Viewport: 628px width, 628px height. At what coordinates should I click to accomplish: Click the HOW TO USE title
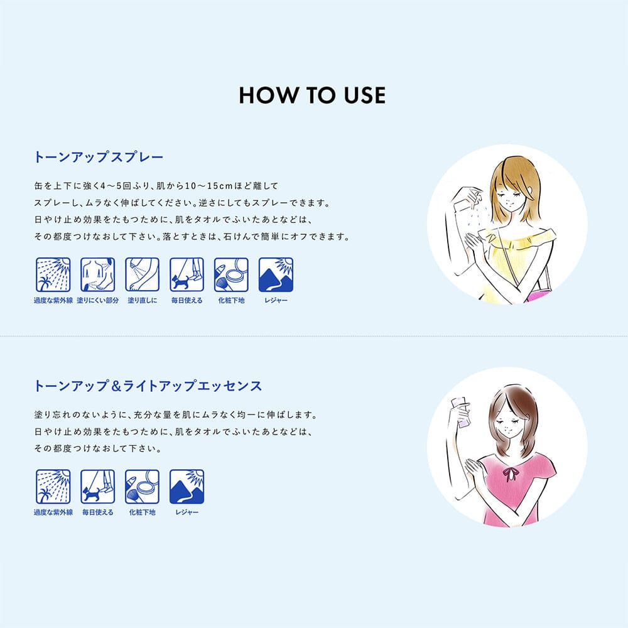pos(312,95)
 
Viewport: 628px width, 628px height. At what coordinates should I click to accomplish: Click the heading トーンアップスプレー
pos(99,157)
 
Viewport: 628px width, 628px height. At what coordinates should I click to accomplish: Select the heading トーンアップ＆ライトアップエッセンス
pos(148,386)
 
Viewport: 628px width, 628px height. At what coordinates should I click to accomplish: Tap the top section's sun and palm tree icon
pos(53,275)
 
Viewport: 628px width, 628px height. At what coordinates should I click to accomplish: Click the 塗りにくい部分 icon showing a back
pos(98,275)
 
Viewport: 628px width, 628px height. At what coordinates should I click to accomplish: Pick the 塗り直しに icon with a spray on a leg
pos(142,275)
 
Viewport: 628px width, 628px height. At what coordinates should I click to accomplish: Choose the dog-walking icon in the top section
pos(187,275)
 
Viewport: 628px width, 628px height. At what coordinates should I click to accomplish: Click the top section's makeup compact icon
pos(231,275)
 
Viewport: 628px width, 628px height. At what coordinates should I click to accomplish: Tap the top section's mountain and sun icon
pos(276,275)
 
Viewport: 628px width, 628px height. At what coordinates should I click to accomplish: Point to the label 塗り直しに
pos(142,300)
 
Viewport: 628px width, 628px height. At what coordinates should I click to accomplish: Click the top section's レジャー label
pos(276,300)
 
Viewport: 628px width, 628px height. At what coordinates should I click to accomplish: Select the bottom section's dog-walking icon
pos(98,487)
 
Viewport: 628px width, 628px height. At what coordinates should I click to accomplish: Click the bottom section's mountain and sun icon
pos(187,487)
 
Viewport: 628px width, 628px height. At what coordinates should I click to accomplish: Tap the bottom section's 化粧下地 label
pos(142,512)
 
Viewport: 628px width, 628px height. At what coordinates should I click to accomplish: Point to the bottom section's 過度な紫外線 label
pos(53,512)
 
